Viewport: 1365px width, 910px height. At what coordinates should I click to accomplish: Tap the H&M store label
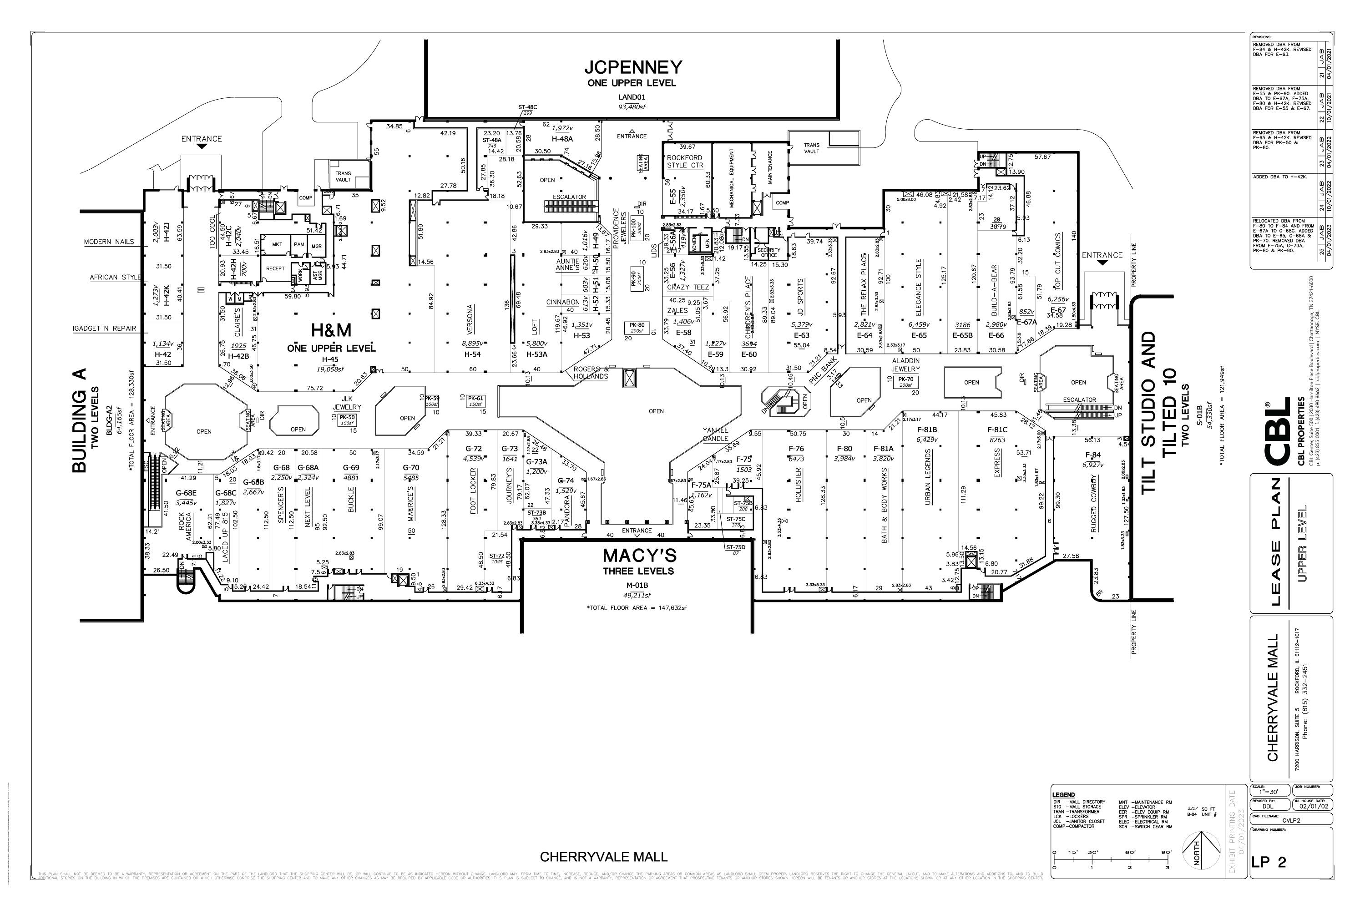[331, 330]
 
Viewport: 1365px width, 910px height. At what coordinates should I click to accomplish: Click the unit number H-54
[472, 354]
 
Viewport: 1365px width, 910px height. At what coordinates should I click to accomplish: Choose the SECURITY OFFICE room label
[769, 253]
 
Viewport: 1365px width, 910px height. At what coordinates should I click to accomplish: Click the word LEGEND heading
[1063, 795]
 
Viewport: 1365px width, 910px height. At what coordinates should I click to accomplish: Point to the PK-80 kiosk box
[637, 327]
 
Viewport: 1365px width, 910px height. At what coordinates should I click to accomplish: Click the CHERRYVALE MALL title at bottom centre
[604, 857]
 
